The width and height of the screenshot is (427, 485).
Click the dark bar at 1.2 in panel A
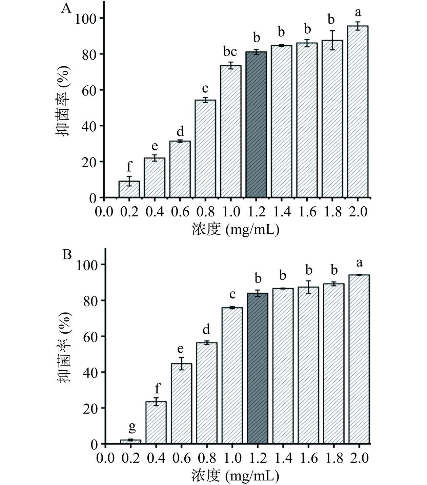pyautogui.click(x=256, y=125)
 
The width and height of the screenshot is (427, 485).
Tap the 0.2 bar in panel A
pyautogui.click(x=129, y=189)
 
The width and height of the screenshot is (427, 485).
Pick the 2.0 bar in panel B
pyautogui.click(x=359, y=359)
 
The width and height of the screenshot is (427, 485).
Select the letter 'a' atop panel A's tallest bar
pyautogui.click(x=358, y=13)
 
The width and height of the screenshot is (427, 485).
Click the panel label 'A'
pyautogui.click(x=66, y=8)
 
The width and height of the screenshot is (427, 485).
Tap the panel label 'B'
pyautogui.click(x=67, y=254)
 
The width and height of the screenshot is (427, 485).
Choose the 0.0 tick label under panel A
pyautogui.click(x=104, y=212)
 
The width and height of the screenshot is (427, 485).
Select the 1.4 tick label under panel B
pyautogui.click(x=283, y=458)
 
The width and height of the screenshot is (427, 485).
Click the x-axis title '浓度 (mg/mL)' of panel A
pyautogui.click(x=235, y=229)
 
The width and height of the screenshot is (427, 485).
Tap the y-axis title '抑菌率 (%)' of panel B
pyautogui.click(x=64, y=347)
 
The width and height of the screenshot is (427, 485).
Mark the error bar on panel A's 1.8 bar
pyautogui.click(x=332, y=40)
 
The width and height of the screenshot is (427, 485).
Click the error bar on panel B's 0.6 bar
pyautogui.click(x=182, y=363)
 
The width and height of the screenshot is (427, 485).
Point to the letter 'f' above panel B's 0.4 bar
pyautogui.click(x=157, y=388)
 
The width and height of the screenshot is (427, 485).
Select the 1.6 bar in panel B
pyautogui.click(x=308, y=365)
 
